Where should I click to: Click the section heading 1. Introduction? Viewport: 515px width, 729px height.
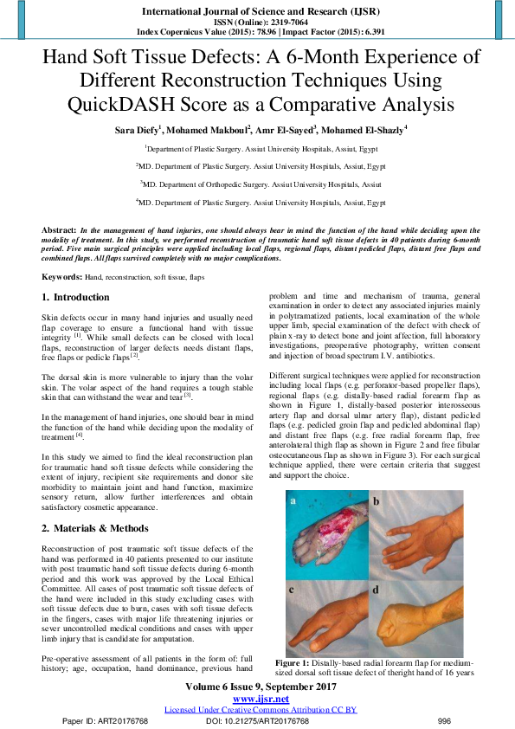(x=76, y=297)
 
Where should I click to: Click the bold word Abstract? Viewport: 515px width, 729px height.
(x=60, y=230)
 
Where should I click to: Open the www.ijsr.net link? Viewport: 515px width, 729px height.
(x=261, y=699)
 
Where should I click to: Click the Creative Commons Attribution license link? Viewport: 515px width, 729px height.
(x=261, y=710)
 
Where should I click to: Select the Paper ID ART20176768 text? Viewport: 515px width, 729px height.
(x=106, y=720)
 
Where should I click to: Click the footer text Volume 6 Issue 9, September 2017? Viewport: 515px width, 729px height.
(x=261, y=687)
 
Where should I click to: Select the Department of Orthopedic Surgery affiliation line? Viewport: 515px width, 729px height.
(x=259, y=184)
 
